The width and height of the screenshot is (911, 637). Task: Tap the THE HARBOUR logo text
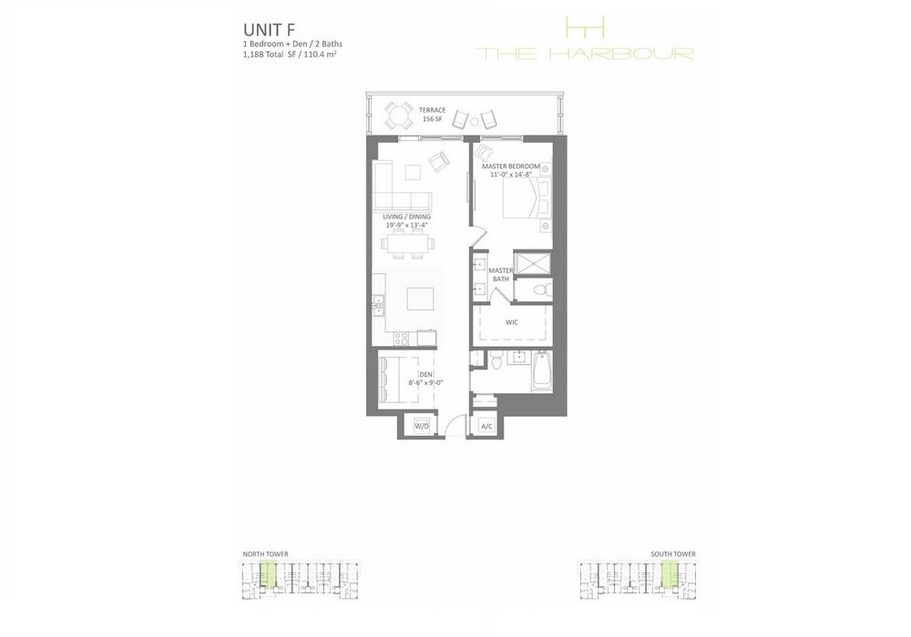[585, 54]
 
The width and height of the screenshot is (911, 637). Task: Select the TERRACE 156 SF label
[432, 115]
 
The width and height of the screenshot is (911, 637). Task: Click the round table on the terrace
[399, 116]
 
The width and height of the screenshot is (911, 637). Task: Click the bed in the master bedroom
[527, 197]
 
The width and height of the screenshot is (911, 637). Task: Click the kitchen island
[420, 300]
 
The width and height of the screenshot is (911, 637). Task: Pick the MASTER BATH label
[501, 275]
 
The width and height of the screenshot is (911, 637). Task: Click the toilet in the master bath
[539, 289]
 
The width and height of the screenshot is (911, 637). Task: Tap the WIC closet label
[512, 322]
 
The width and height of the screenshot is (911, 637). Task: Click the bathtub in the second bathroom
[542, 371]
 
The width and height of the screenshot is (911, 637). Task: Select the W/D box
[422, 427]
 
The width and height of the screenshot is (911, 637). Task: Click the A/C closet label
[486, 427]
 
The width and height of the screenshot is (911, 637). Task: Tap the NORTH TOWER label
[265, 554]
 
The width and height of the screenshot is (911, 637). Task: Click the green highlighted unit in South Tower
[670, 574]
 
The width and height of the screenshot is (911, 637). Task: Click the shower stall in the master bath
[533, 264]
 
